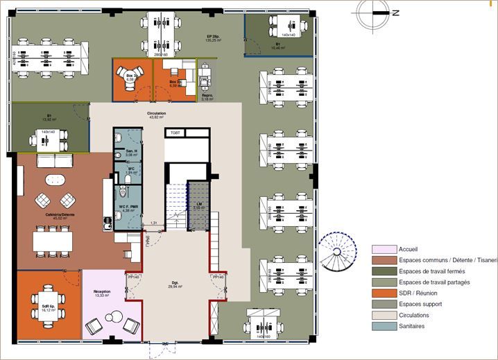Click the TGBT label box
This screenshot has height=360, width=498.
175,132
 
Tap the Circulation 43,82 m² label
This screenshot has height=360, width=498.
156,114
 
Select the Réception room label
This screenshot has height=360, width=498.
102,293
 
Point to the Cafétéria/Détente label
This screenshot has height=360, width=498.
59,216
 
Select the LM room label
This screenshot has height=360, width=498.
198,205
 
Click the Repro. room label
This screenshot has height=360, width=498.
207,97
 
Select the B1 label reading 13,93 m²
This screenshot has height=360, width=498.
49,118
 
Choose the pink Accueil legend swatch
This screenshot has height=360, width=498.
383,249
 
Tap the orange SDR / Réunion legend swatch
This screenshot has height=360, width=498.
383,293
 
